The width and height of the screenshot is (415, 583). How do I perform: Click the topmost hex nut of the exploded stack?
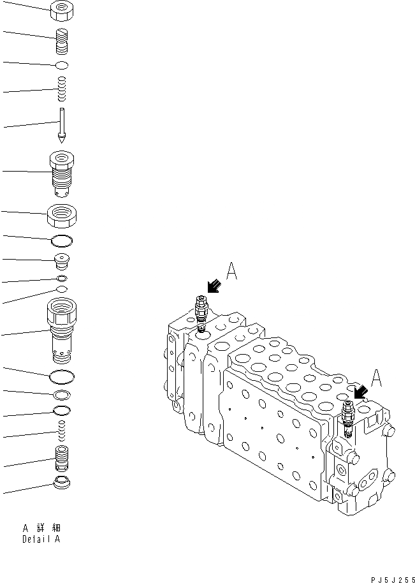click(63, 10)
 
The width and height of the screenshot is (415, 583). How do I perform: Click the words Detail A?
click(42, 540)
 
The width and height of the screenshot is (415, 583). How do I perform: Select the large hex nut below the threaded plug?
click(62, 216)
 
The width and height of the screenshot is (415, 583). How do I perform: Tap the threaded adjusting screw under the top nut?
click(62, 42)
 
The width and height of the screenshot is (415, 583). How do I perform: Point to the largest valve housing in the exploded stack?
click(62, 332)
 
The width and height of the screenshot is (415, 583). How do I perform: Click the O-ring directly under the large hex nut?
click(62, 240)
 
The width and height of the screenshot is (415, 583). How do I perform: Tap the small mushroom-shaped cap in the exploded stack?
click(62, 262)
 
